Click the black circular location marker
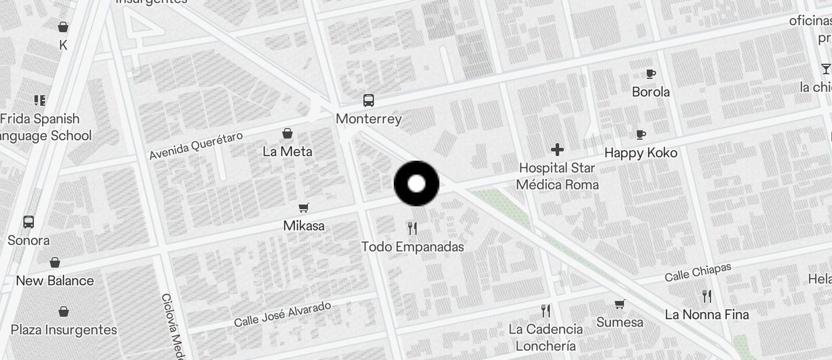click(x=417, y=184)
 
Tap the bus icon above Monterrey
click(x=369, y=101)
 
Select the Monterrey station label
click(x=369, y=119)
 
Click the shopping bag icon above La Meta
click(x=287, y=133)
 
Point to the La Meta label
click(x=287, y=152)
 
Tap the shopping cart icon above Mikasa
click(x=304, y=207)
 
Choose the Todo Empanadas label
click(x=412, y=247)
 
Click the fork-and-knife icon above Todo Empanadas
click(x=412, y=228)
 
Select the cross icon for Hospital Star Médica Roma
click(x=557, y=150)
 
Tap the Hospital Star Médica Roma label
click(x=557, y=176)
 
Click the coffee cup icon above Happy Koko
click(x=641, y=134)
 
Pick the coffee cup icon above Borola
click(x=651, y=74)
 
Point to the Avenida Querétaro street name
click(x=196, y=146)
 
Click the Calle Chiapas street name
click(x=698, y=272)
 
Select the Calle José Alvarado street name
click(x=282, y=314)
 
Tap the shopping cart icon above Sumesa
click(x=620, y=304)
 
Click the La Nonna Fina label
click(x=707, y=314)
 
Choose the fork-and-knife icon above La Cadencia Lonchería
click(x=546, y=310)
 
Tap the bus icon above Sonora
click(x=29, y=222)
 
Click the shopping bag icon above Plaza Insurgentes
click(x=64, y=311)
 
